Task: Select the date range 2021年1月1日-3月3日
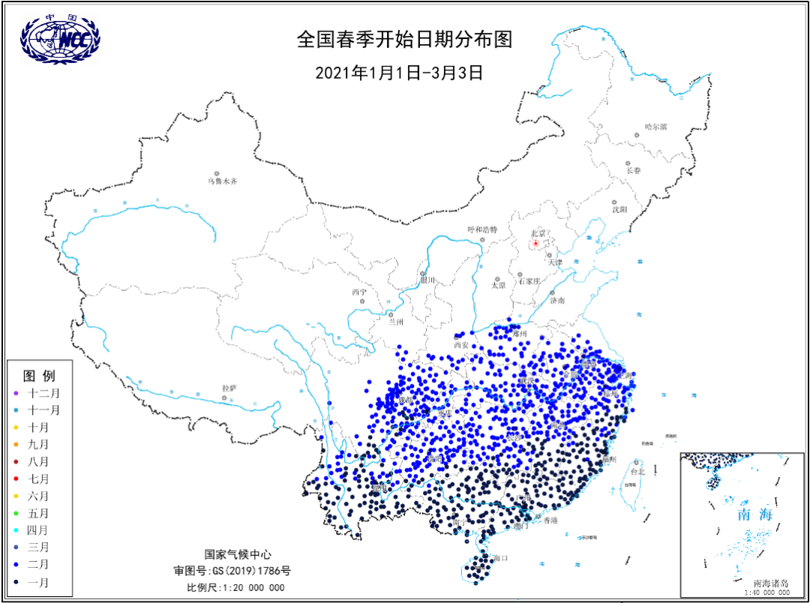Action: click(x=398, y=73)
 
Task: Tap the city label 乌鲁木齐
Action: click(x=222, y=181)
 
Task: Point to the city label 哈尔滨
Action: click(x=655, y=127)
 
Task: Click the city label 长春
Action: click(x=634, y=170)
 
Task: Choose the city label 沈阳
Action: click(x=619, y=211)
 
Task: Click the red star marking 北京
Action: click(x=535, y=243)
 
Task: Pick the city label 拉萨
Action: click(x=229, y=388)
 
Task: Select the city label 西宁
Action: click(x=359, y=292)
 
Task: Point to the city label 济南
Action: click(x=557, y=301)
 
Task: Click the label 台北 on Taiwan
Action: click(x=637, y=472)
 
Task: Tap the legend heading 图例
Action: click(x=39, y=375)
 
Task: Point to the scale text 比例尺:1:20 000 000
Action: click(x=235, y=587)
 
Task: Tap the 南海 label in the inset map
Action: click(x=754, y=514)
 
